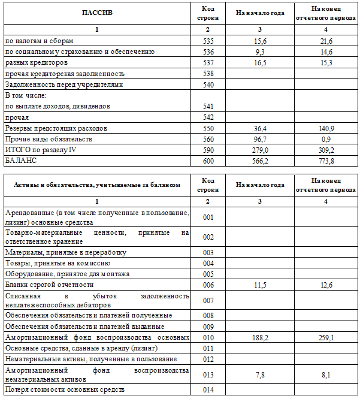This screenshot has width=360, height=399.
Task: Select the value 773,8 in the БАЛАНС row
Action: tap(326, 161)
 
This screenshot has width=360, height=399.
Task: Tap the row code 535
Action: tap(208, 41)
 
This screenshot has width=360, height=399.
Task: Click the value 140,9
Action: tap(326, 129)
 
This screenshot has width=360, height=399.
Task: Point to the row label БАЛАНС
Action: tap(21, 161)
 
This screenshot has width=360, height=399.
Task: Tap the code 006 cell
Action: tap(208, 285)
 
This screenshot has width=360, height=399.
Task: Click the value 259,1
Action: tap(326, 337)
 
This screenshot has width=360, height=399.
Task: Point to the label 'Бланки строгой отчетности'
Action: tap(49, 285)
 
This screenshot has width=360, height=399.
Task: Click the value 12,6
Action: tap(326, 285)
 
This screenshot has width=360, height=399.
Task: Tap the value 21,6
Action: tap(326, 41)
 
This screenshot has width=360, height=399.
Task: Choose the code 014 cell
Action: tap(208, 390)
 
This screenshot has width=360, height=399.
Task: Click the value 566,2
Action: tap(260, 161)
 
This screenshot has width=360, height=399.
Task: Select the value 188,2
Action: tap(260, 337)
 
